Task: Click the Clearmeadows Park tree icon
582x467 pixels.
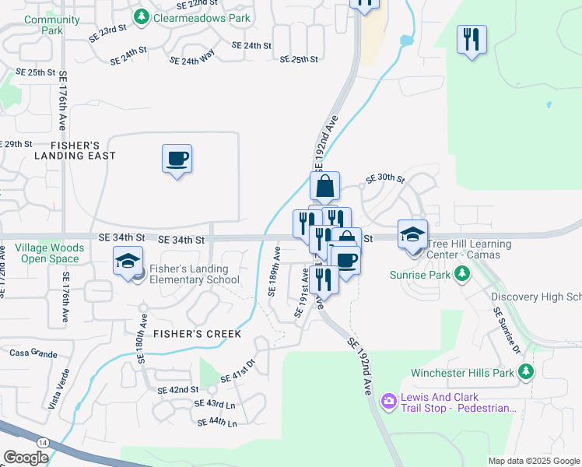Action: [141, 16]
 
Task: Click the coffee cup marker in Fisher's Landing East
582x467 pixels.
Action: [177, 159]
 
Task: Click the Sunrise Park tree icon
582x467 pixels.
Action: [463, 273]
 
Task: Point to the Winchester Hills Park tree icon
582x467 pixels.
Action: [527, 372]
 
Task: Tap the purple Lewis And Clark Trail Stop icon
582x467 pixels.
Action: [387, 401]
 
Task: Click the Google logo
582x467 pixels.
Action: [26, 458]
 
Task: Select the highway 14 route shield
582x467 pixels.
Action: [42, 441]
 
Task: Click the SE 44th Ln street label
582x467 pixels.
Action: [217, 422]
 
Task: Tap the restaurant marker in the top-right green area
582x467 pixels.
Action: [472, 39]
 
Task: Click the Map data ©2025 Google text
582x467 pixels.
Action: [532, 461]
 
